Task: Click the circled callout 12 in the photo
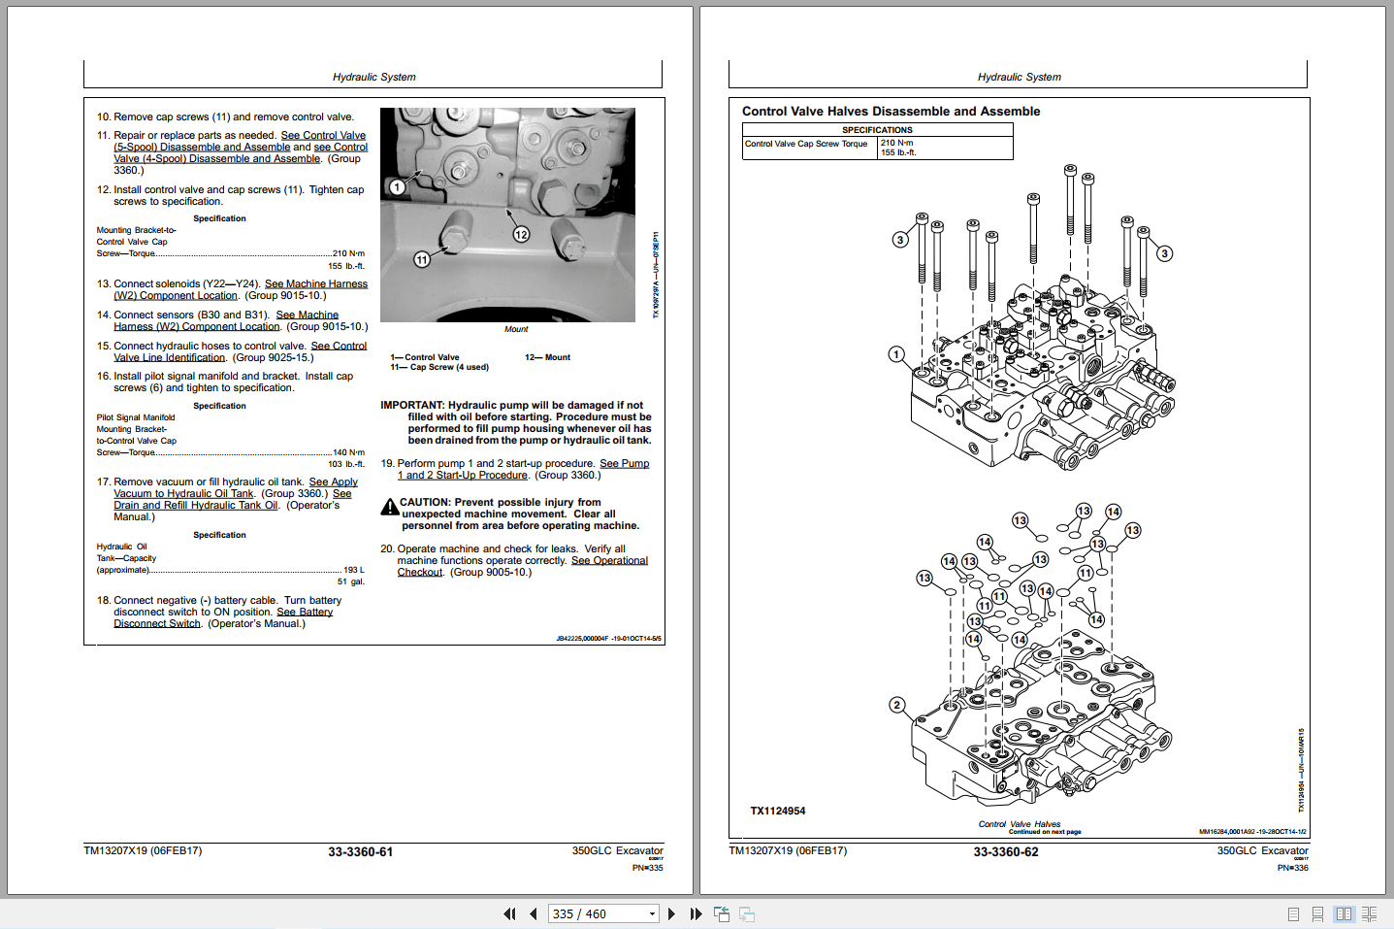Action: [x=521, y=234]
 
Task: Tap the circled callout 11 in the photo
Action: [x=422, y=259]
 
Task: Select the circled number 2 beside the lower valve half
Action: [x=896, y=705]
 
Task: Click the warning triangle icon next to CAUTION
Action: [x=389, y=507]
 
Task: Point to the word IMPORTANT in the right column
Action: [x=411, y=405]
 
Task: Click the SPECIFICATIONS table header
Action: [x=877, y=129]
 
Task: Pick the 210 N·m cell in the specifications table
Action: [x=896, y=143]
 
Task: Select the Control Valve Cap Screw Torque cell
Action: [x=806, y=144]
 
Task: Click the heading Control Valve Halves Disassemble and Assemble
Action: [x=891, y=112]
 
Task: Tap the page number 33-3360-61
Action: [x=360, y=852]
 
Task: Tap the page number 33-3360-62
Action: [x=1005, y=852]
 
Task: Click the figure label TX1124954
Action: [x=777, y=811]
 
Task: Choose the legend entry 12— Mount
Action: [x=547, y=357]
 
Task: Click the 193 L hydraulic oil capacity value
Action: [x=353, y=570]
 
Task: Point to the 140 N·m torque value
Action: [x=348, y=452]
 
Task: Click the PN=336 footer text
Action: [x=1292, y=868]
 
